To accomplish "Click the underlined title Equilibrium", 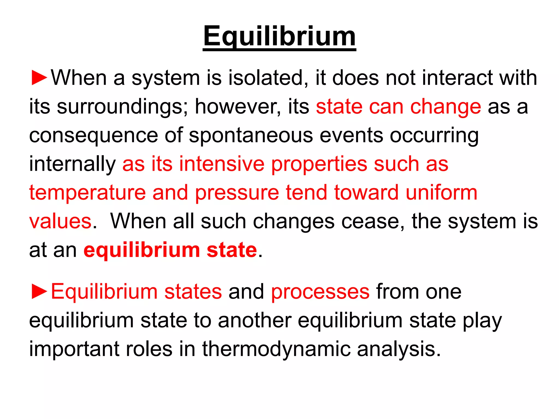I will (x=279, y=37).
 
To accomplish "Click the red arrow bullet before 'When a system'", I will (x=39, y=78).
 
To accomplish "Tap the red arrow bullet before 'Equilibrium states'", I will (x=39, y=292).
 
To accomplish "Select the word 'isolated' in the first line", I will (x=265, y=78).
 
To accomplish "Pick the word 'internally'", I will (x=72, y=164).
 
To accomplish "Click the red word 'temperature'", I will (x=87, y=193).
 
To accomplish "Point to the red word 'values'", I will (x=60, y=221).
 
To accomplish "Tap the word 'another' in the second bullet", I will (x=254, y=320).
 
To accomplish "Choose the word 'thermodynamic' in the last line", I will (x=276, y=349).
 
